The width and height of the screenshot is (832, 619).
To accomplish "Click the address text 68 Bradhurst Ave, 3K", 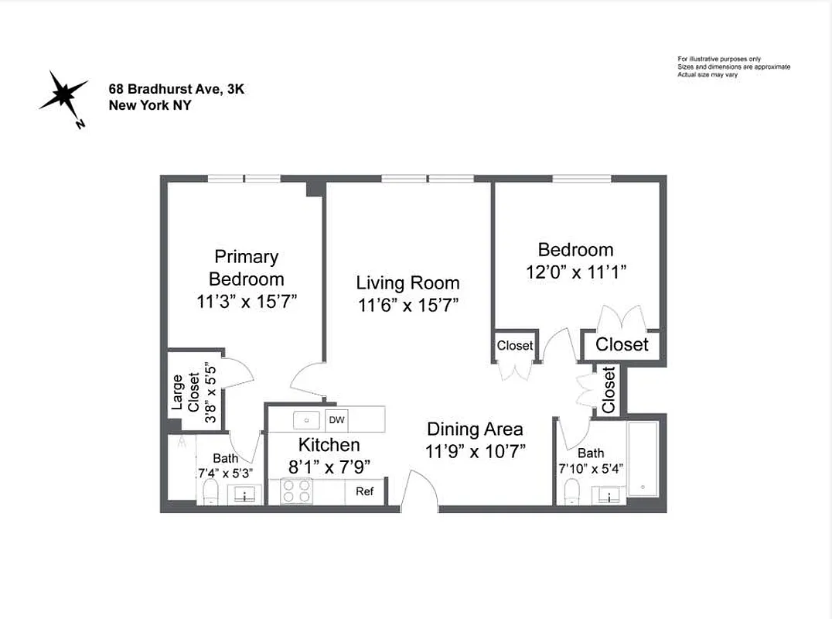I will (176, 90).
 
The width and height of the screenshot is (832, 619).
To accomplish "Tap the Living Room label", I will (407, 283).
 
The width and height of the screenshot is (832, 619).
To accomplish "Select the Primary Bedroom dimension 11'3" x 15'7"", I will (247, 302).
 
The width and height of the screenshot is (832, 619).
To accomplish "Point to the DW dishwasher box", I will (336, 420).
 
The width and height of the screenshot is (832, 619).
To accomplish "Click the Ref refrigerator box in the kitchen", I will (364, 491).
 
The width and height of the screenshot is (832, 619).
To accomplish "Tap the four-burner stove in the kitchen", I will (296, 491).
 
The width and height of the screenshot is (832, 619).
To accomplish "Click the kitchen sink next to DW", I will (307, 420).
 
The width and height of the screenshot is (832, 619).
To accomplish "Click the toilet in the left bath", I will (209, 491).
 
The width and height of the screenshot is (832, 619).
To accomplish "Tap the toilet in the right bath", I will (572, 491).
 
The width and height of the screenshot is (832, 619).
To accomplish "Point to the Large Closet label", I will (186, 392).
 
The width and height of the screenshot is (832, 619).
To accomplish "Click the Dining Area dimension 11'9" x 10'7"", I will (476, 452).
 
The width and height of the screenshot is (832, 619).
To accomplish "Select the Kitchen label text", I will (329, 445).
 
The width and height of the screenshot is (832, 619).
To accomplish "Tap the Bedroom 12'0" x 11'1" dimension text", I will (576, 272).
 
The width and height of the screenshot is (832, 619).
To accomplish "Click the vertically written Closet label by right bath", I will (609, 389).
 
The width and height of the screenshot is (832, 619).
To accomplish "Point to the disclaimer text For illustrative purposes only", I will (719, 59).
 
